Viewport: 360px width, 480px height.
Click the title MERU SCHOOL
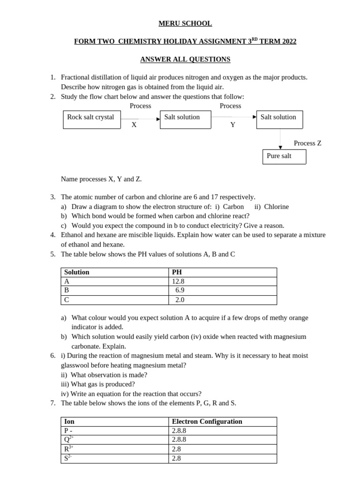click(x=185, y=23)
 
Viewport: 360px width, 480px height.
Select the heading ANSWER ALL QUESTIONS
click(x=185, y=60)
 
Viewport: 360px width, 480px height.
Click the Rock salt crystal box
click(x=91, y=119)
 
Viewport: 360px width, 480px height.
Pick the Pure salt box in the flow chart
click(x=284, y=157)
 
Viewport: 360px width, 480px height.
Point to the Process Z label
click(x=307, y=143)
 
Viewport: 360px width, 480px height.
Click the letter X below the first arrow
click(x=134, y=125)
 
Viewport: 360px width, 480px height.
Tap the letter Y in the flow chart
click(x=233, y=125)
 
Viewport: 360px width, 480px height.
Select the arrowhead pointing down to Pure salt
click(x=280, y=147)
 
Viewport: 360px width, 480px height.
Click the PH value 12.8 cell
click(x=178, y=281)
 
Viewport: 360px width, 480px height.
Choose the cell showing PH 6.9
click(x=180, y=291)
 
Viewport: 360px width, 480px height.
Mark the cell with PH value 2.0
click(x=180, y=300)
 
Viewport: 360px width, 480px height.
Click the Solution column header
click(x=77, y=272)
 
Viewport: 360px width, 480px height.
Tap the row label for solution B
click(x=67, y=291)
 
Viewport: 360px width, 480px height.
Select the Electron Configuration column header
click(x=207, y=421)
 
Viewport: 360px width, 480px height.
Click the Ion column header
click(x=69, y=421)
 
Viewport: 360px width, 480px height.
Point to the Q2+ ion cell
click(x=69, y=440)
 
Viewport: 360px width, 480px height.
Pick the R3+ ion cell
click(x=68, y=449)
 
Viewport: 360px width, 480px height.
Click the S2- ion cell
click(x=68, y=458)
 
